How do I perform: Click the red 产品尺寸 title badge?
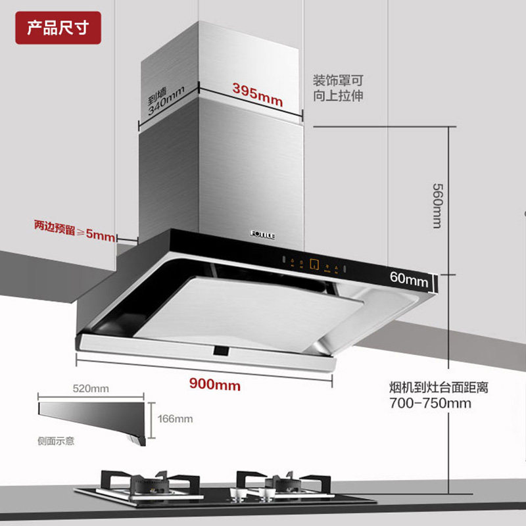pos(58,28)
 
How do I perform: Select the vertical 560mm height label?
pos(435,204)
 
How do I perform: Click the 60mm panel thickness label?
pos(408,278)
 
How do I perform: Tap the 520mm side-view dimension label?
pos(91,389)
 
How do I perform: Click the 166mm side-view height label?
pos(175,419)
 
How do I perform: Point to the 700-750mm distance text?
pos(430,403)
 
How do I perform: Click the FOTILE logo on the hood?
pos(266,231)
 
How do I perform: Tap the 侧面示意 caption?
pos(56,441)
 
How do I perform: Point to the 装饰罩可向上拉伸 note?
pos(337,88)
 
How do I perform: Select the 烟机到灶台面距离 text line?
pos(439,388)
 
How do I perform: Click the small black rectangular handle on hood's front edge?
pos(221,351)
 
